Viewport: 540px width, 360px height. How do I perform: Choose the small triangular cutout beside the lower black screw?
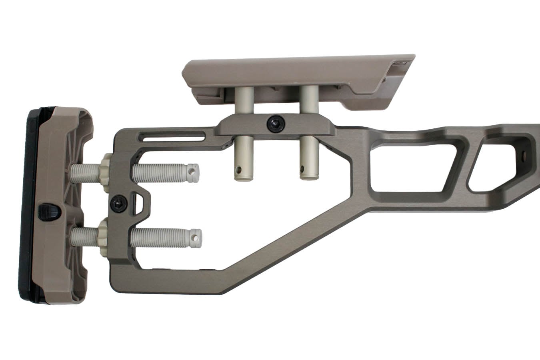(138, 202)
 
